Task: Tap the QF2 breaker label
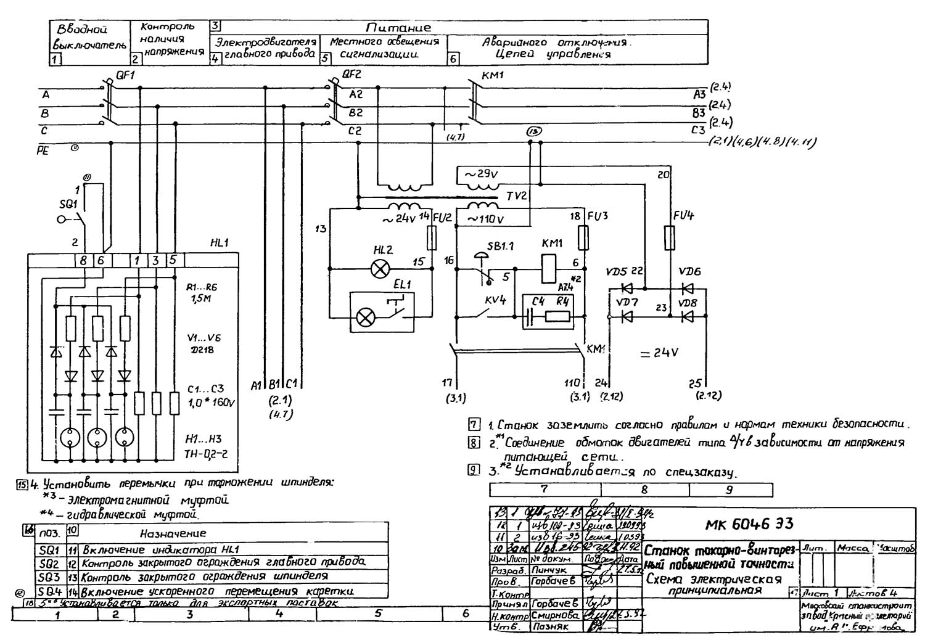tap(352, 75)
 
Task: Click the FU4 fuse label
tap(683, 216)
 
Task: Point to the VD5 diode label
tap(616, 272)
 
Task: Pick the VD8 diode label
tap(688, 303)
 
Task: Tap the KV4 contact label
tap(495, 300)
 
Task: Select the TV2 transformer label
tap(517, 195)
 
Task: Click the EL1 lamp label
tap(402, 284)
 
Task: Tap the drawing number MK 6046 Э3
tap(749, 524)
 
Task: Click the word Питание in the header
tap(398, 28)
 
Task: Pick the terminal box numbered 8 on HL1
tap(83, 260)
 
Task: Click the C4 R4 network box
tap(549, 311)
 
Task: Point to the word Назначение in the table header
tap(173, 533)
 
